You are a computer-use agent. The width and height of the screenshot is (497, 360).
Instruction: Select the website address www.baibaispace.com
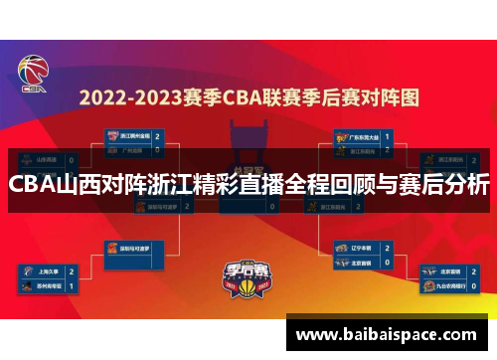click(389, 333)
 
